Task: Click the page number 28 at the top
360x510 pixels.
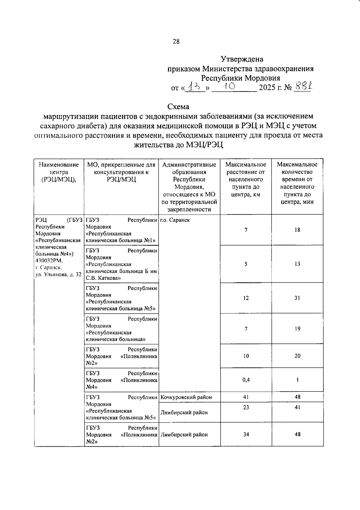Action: (176, 42)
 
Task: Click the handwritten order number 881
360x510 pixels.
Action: (302, 87)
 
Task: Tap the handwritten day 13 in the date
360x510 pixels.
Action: (195, 87)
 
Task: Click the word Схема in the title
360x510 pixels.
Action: (178, 107)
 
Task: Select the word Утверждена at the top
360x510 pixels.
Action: (242, 59)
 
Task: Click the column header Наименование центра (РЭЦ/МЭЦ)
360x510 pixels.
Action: (59, 172)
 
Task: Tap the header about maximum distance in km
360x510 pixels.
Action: (246, 180)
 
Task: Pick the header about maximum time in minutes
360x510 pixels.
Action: (297, 183)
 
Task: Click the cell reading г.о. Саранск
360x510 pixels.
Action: (175, 220)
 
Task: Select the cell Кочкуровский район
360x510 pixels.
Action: (186, 397)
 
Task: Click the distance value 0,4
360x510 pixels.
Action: (246, 380)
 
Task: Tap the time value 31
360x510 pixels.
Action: (297, 298)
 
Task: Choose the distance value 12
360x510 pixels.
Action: (246, 298)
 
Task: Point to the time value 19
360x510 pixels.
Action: (297, 329)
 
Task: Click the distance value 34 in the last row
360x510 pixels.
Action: (246, 434)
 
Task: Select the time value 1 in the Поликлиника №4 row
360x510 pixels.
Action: (297, 380)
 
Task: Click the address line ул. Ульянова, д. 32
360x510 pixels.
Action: (58, 274)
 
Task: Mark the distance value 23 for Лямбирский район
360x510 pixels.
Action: (246, 407)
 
